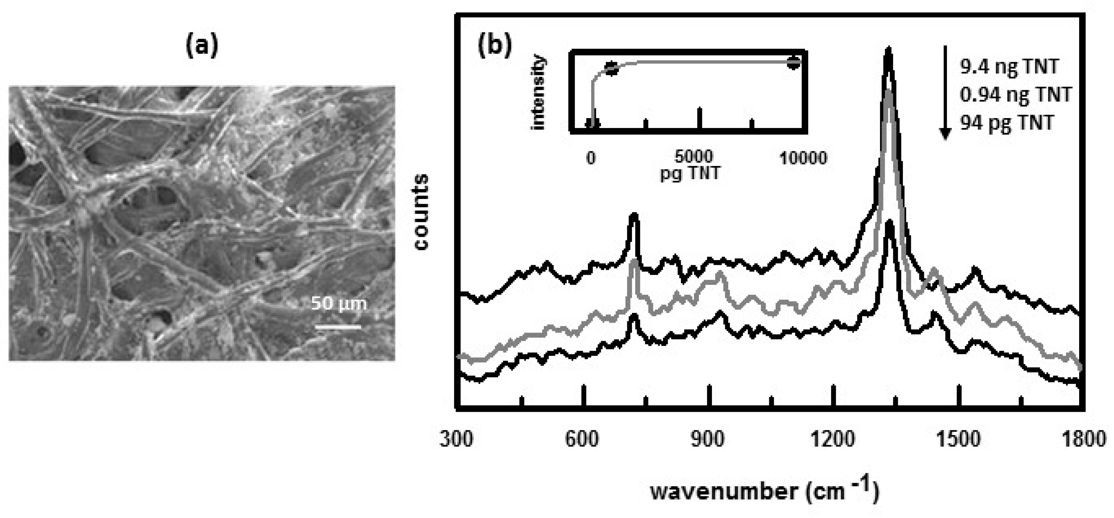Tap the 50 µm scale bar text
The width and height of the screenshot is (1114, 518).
pos(339,303)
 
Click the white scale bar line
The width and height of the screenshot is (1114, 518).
pos(338,327)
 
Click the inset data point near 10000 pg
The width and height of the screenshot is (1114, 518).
pos(793,63)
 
